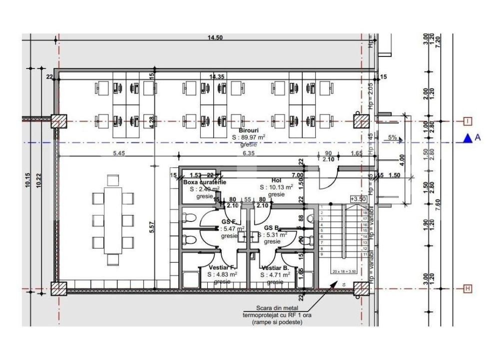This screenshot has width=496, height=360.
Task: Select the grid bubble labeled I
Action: tap(468, 121)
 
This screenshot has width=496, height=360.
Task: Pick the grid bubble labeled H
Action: tap(468, 288)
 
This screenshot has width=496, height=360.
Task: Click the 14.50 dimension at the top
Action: tap(215, 38)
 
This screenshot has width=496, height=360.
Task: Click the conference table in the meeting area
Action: tap(113, 220)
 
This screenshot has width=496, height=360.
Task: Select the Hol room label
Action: tap(277, 180)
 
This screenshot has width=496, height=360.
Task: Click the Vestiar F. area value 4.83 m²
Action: tap(222, 274)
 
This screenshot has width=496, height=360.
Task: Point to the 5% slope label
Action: tap(393, 137)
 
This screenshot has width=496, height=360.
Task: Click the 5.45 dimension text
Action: tap(119, 153)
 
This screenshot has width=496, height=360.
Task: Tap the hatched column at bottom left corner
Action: tap(59, 289)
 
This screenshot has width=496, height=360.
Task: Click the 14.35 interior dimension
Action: tap(216, 76)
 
